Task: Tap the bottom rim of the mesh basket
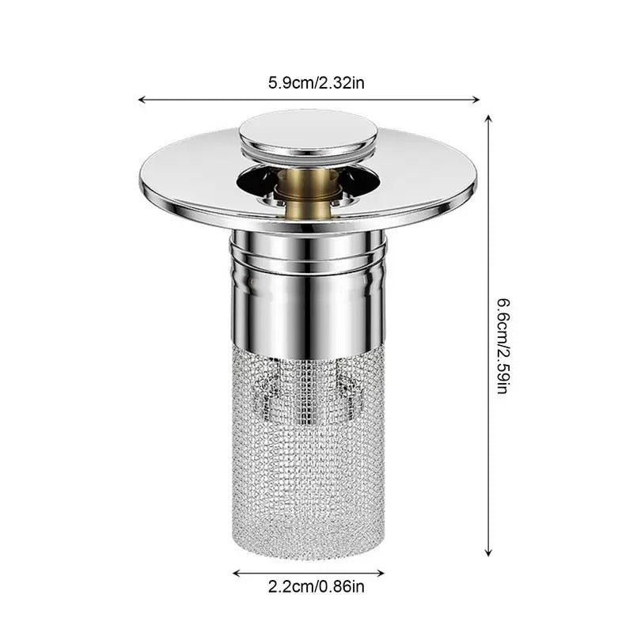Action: [x=308, y=546]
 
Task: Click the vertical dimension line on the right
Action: [x=488, y=237]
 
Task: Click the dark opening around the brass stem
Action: [x=261, y=186]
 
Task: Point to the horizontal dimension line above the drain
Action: [x=237, y=100]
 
